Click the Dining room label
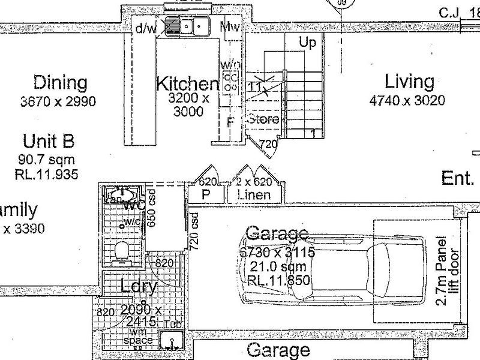pyautogui.click(x=60, y=82)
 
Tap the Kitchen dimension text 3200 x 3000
pyautogui.click(x=188, y=105)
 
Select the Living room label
pyautogui.click(x=409, y=81)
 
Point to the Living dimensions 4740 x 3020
pyautogui.click(x=407, y=100)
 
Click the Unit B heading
pyautogui.click(x=49, y=142)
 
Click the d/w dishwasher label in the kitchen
pyautogui.click(x=145, y=28)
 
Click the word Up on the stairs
pyautogui.click(x=307, y=43)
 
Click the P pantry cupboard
pyautogui.click(x=206, y=194)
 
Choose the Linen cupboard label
pyautogui.click(x=254, y=194)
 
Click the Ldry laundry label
pyautogui.click(x=139, y=287)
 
